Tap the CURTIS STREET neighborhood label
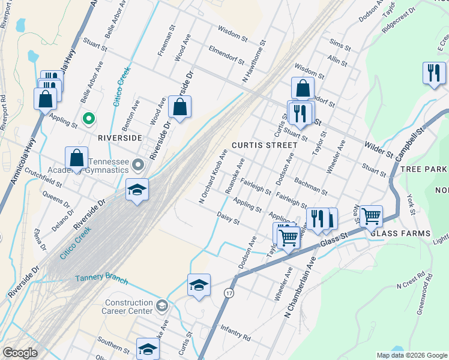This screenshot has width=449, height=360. [264, 145]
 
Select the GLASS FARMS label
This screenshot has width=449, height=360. [400, 233]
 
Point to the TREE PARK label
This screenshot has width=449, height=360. [424, 170]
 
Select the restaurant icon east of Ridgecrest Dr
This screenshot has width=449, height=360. [434, 73]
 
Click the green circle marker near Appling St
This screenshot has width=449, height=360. [88, 119]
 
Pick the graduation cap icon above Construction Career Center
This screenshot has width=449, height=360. [199, 286]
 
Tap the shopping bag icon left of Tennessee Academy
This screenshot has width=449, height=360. [76, 158]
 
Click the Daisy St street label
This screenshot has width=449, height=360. [228, 218]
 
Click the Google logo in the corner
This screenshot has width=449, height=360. [20, 352]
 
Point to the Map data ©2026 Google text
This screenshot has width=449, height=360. [411, 355]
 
